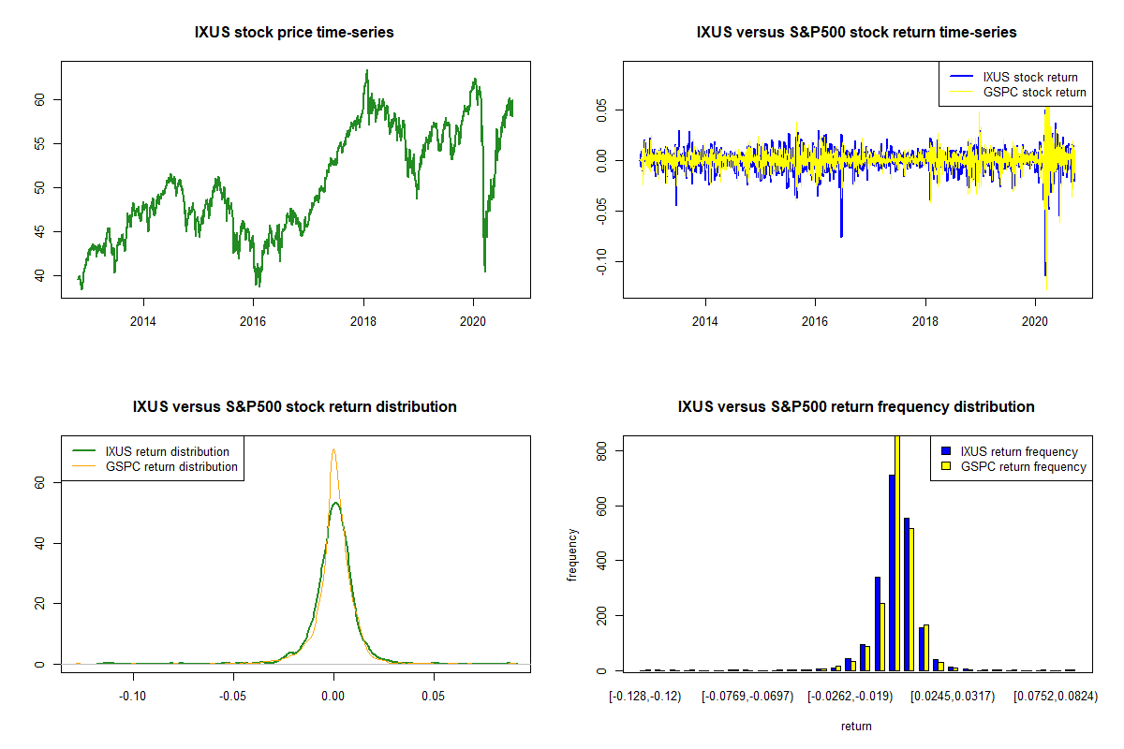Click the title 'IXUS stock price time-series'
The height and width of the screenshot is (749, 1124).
(x=294, y=33)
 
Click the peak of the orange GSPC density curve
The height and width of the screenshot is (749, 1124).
(x=333, y=450)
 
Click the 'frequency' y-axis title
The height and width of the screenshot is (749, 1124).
(x=573, y=554)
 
